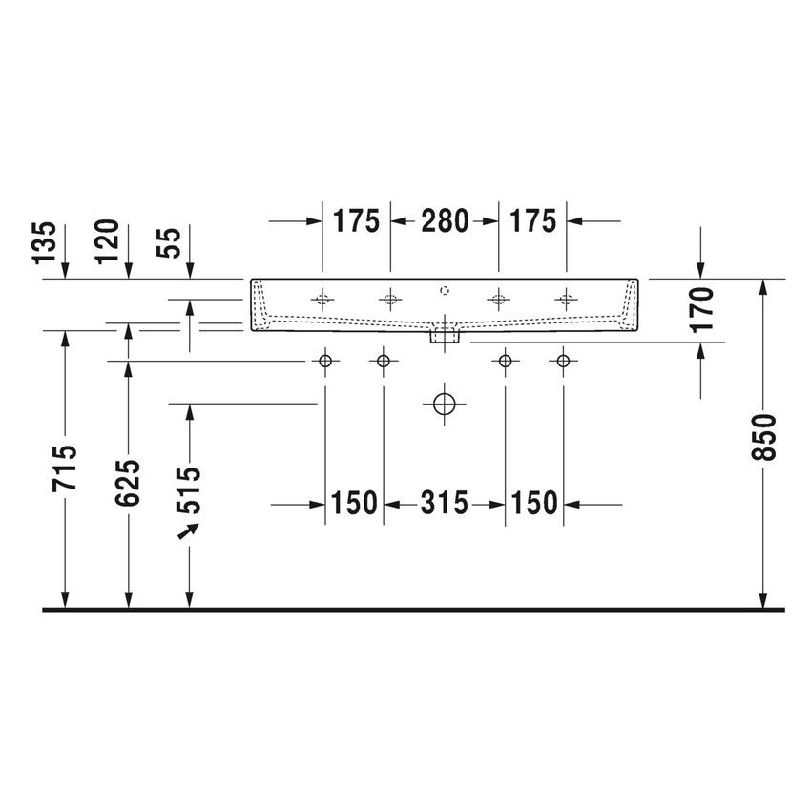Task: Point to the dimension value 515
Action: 190,489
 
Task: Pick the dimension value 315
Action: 444,503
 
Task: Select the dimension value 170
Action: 701,309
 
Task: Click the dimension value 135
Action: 45,244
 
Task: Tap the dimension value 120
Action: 108,242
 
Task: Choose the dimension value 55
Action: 170,243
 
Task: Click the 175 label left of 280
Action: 356,221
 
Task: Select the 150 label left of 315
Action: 355,503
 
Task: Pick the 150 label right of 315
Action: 532,503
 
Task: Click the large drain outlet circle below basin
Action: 444,404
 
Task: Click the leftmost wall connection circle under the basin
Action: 325,361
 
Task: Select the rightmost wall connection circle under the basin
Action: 563,361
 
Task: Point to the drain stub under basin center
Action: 445,334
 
